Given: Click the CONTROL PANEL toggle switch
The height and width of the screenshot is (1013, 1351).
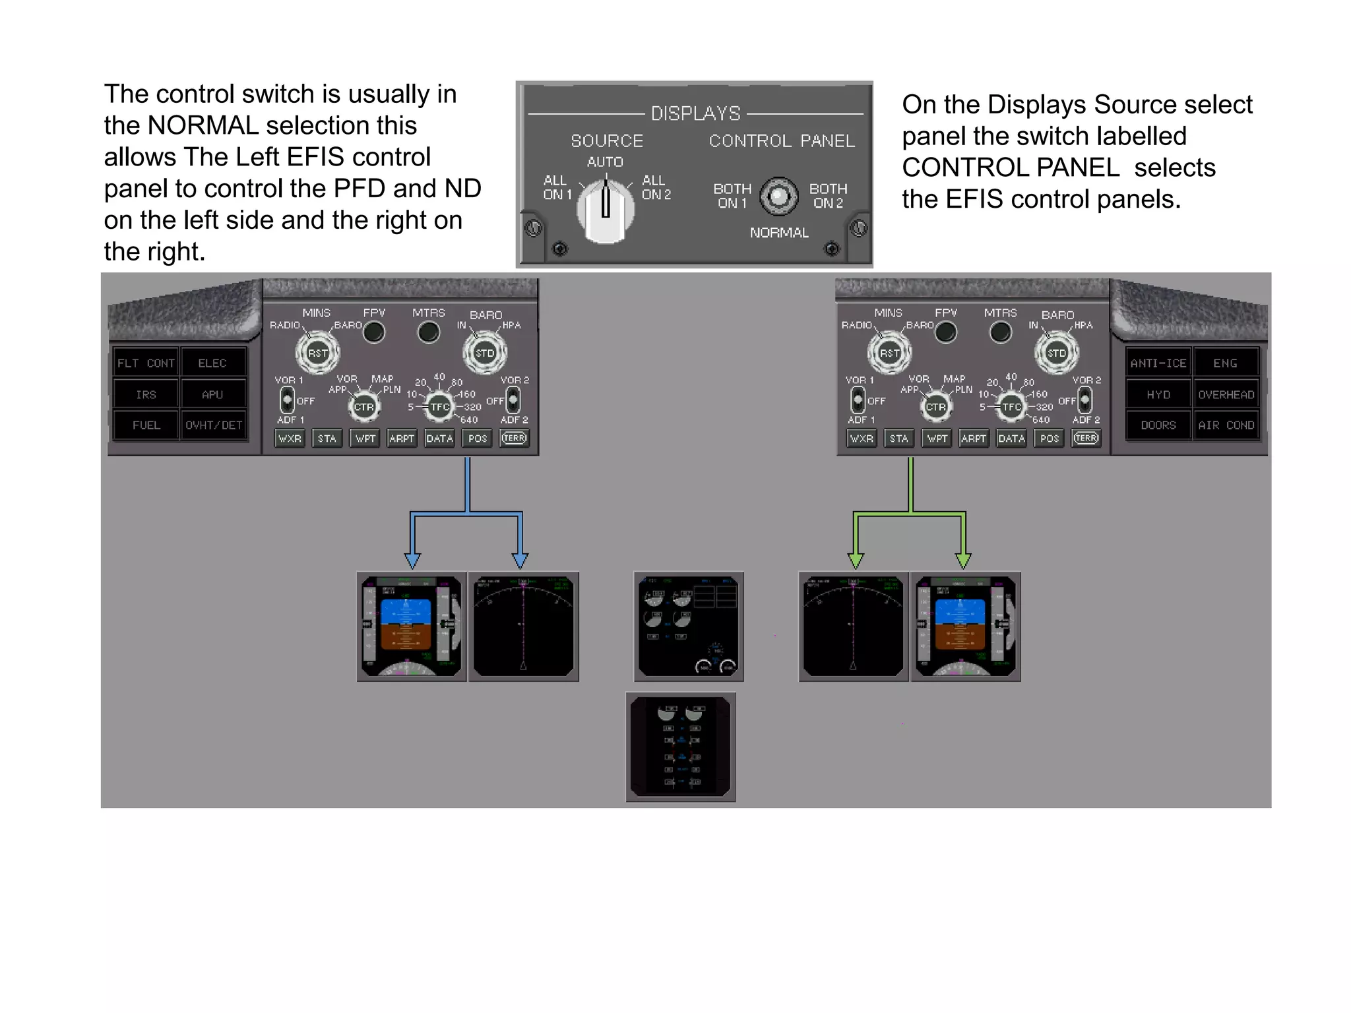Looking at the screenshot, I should (779, 196).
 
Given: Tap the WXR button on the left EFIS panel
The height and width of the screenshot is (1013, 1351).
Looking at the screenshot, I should (290, 439).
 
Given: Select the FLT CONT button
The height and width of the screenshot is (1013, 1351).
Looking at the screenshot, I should (146, 363).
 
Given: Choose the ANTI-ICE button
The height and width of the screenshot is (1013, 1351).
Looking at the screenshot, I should (1158, 363).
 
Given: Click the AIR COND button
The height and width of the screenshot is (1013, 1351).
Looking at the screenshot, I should (1226, 425).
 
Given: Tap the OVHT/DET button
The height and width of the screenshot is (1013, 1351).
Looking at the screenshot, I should (213, 425).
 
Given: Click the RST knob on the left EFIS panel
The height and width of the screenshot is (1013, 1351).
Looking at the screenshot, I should (317, 353).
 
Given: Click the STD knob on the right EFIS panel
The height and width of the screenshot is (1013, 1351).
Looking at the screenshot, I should (1056, 353).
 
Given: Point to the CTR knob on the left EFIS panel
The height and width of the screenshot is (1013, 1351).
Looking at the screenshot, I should (363, 407).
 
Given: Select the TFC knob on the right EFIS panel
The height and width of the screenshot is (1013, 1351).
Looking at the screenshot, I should (1011, 407).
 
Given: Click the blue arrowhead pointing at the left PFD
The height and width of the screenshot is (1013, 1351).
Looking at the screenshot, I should (412, 561).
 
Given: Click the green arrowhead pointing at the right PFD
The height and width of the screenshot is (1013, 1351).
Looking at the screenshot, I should (963, 561).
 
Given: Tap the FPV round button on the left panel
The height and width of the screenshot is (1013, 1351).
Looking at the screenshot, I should (374, 332).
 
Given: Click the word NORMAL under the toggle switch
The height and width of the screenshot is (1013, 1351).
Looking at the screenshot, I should (779, 233).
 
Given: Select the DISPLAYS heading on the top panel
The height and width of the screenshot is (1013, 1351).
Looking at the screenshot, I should (695, 113).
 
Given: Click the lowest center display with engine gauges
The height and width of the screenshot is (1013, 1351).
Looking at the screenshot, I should (680, 747).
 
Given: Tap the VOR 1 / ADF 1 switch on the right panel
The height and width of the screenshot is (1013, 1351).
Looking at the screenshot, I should (858, 399).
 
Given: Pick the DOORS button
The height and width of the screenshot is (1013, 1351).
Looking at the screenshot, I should (1158, 425).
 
